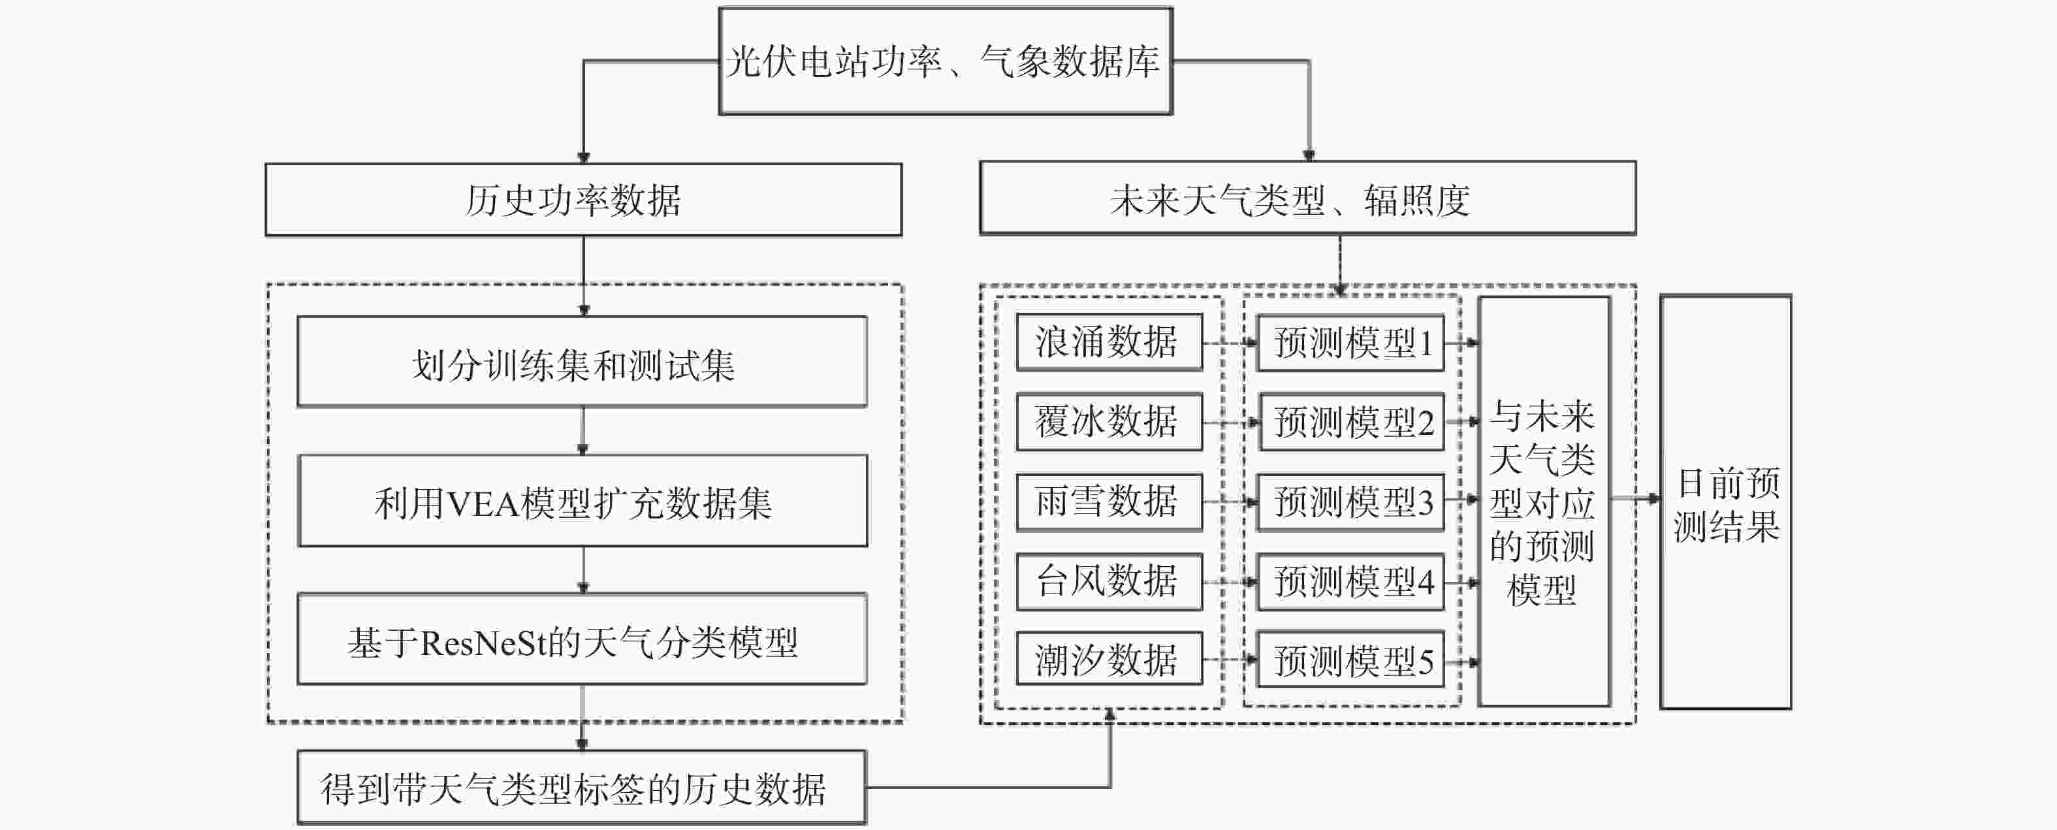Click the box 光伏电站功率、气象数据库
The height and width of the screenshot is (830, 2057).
tap(946, 61)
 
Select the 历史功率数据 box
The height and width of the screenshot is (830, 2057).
tap(584, 200)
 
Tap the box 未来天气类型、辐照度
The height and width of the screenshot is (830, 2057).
tap(1308, 198)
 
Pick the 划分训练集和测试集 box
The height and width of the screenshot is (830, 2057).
tap(582, 362)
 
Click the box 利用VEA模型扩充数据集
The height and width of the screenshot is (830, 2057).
tap(582, 501)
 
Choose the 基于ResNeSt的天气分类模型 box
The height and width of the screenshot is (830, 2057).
tap(582, 639)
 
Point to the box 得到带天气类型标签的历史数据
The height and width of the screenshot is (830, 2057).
tap(582, 788)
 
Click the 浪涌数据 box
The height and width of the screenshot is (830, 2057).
tap(1109, 342)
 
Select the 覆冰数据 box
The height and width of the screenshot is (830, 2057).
tap(1109, 422)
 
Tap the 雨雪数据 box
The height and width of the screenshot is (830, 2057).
tap(1109, 502)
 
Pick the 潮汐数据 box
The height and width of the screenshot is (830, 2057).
tap(1109, 659)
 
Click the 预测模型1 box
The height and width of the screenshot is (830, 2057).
tap(1350, 343)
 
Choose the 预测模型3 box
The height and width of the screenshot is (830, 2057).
tap(1350, 502)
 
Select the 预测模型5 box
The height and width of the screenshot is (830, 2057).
tap(1350, 659)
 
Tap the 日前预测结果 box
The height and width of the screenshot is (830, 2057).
tap(1726, 502)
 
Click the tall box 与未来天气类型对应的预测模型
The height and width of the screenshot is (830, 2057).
tap(1544, 502)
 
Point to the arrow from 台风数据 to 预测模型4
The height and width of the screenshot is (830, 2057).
tap(1230, 583)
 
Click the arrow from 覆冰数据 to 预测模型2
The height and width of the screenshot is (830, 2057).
tap(1230, 423)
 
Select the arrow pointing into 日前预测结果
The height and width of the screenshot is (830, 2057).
tap(1635, 498)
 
